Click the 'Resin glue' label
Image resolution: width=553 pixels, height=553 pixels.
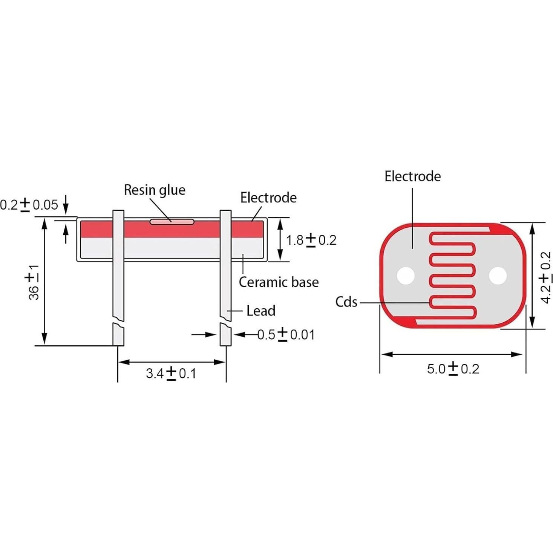point(155,190)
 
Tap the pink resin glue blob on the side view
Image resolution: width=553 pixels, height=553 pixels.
point(172,222)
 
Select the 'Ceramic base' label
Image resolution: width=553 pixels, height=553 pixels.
point(279,282)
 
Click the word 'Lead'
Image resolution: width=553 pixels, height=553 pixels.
point(261,311)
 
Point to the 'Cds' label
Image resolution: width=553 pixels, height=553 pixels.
point(346,302)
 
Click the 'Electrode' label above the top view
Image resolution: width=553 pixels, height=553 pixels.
point(412,176)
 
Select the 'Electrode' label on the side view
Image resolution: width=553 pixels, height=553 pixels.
point(268,198)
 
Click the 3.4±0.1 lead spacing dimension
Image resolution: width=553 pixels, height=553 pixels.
point(171,373)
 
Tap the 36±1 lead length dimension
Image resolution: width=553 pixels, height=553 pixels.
point(34,282)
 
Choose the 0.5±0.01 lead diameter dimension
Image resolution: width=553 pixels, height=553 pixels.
point(286,334)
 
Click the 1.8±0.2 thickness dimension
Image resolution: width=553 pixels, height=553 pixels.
point(311,240)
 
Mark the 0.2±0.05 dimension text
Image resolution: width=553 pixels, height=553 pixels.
point(29,205)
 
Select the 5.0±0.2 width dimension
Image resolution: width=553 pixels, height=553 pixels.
point(453,368)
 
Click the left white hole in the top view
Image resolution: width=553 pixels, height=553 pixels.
point(406,276)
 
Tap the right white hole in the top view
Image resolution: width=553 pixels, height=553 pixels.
point(498,276)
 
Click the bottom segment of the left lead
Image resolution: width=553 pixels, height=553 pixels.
point(118,335)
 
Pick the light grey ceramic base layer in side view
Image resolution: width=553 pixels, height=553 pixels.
point(170,248)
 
